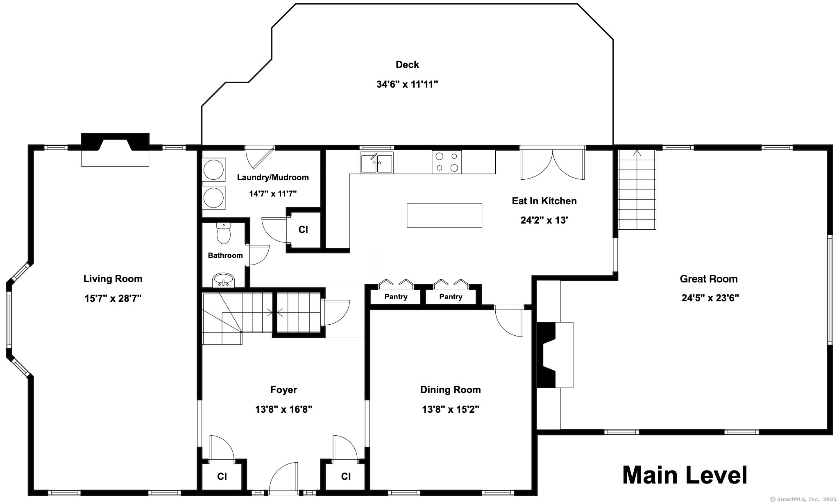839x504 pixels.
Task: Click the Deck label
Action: point(407,65)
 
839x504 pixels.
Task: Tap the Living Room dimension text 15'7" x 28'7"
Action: point(113,298)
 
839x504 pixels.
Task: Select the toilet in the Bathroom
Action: point(224,233)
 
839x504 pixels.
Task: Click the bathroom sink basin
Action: point(223,280)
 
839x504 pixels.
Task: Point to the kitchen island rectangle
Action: point(444,215)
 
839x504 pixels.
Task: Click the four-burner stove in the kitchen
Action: point(447,162)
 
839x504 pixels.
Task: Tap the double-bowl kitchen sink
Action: point(376,163)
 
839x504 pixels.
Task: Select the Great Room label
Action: point(709,279)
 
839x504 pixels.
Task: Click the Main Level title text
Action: point(685,475)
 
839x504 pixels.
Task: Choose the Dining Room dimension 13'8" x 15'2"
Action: point(451,409)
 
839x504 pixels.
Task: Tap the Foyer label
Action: point(283,390)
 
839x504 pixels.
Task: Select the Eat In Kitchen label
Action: point(544,201)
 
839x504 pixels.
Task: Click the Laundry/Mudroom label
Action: point(273,177)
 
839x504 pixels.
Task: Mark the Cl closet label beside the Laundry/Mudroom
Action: point(303,230)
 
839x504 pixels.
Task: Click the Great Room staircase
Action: point(637,190)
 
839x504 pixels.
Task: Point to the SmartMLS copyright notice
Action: point(803,499)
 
